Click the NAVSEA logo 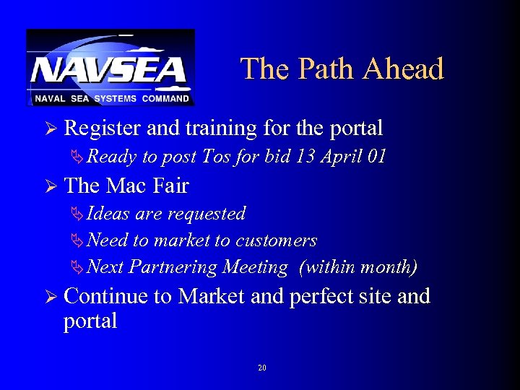pos(110,66)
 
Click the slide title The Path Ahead pos(342,69)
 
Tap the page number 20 pos(261,368)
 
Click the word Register pos(103,129)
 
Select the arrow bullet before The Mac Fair pos(50,186)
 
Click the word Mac pos(126,186)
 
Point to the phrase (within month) pos(358,268)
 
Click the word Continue pos(108,297)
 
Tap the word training pos(221,129)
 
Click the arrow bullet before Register pos(50,129)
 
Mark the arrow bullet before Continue pos(50,297)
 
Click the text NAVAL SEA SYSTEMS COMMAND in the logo pos(110,98)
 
